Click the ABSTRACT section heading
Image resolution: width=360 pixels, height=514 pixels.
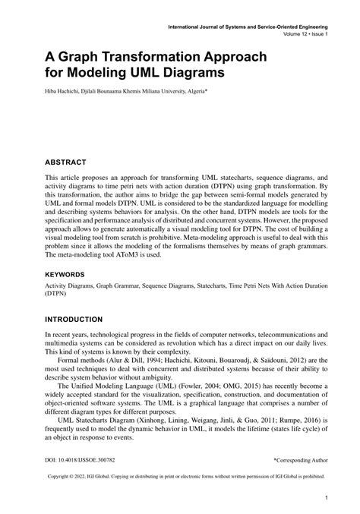tap(66, 162)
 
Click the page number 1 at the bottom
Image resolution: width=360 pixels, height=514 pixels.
tap(326, 498)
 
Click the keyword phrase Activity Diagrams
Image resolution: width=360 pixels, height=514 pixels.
tap(72, 286)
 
